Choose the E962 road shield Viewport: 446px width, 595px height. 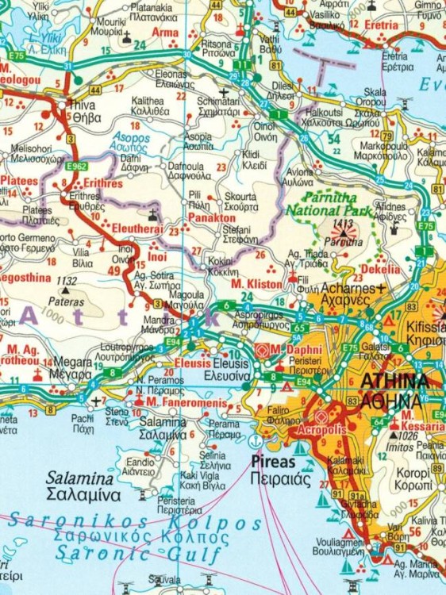(77, 167)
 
